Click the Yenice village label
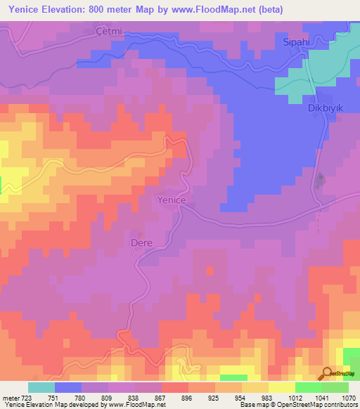pos(170,200)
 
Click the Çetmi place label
pos(109,31)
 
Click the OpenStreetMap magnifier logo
pos(326,374)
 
